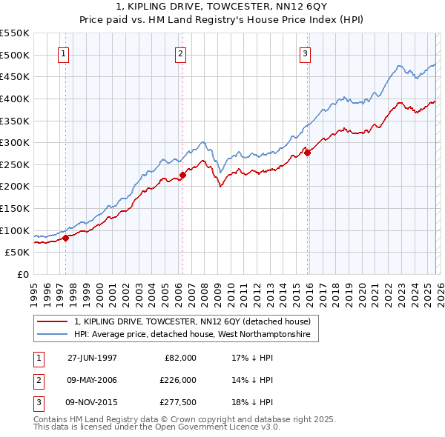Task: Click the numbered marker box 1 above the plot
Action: click(64, 53)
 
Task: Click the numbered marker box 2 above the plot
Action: click(181, 53)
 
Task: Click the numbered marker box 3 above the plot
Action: click(306, 53)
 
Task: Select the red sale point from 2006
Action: click(182, 175)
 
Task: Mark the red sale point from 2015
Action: click(307, 153)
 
